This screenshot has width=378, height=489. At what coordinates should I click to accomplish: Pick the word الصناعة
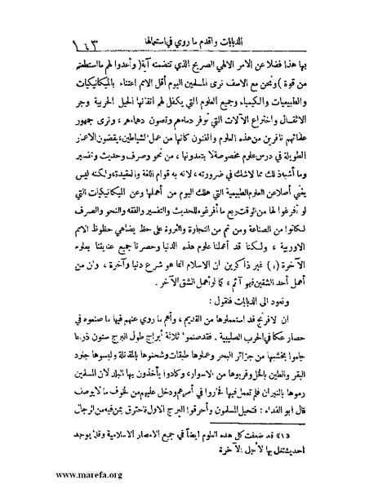252,230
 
